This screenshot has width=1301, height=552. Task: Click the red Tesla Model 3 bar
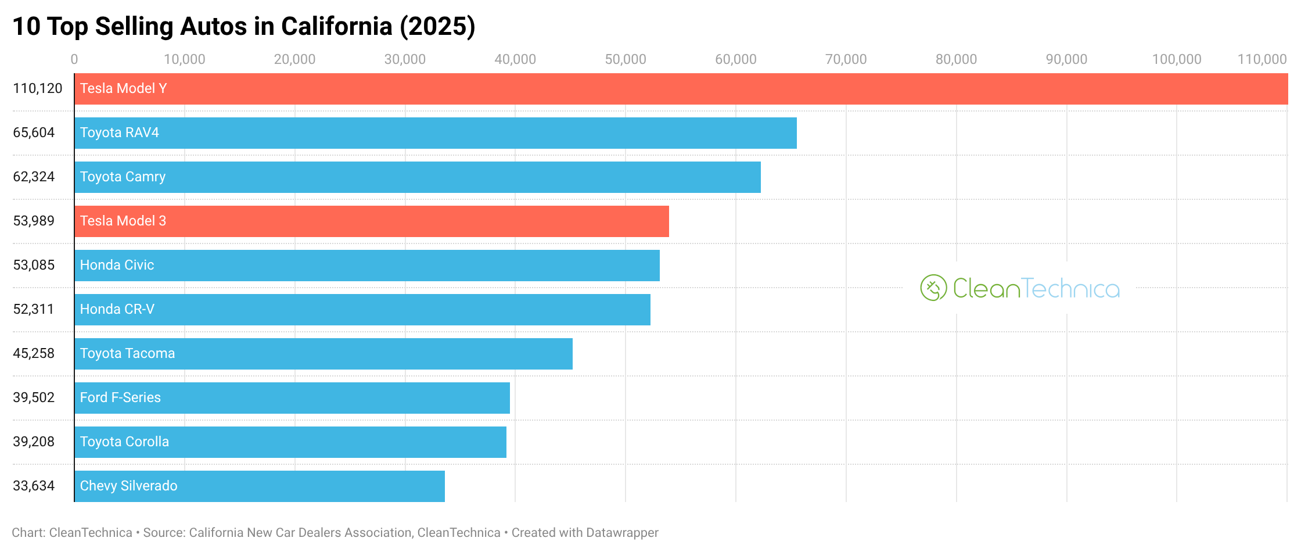(x=372, y=221)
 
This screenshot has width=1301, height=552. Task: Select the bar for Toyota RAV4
(x=436, y=133)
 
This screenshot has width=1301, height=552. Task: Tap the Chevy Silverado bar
(x=260, y=486)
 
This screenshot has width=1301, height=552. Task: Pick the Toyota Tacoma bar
(x=324, y=354)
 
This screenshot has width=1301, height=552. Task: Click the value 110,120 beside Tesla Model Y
(x=38, y=88)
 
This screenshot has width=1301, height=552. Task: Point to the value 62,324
(x=34, y=177)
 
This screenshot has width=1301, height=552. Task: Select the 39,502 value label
(x=34, y=397)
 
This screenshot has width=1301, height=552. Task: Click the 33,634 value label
(x=34, y=486)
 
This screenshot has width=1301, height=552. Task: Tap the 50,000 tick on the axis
(x=625, y=59)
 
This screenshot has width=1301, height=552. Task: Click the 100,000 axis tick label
(x=1176, y=59)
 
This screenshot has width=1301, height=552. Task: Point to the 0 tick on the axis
(x=74, y=59)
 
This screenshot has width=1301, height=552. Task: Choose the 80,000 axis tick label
(x=956, y=59)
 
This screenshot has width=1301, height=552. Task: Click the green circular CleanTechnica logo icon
(x=933, y=288)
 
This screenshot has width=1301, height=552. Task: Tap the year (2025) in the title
(x=437, y=27)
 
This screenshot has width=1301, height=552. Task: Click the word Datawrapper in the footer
(x=622, y=533)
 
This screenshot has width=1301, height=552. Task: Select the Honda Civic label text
(x=117, y=265)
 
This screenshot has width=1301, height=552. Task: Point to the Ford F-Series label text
(x=120, y=397)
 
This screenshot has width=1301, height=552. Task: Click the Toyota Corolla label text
(x=124, y=442)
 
